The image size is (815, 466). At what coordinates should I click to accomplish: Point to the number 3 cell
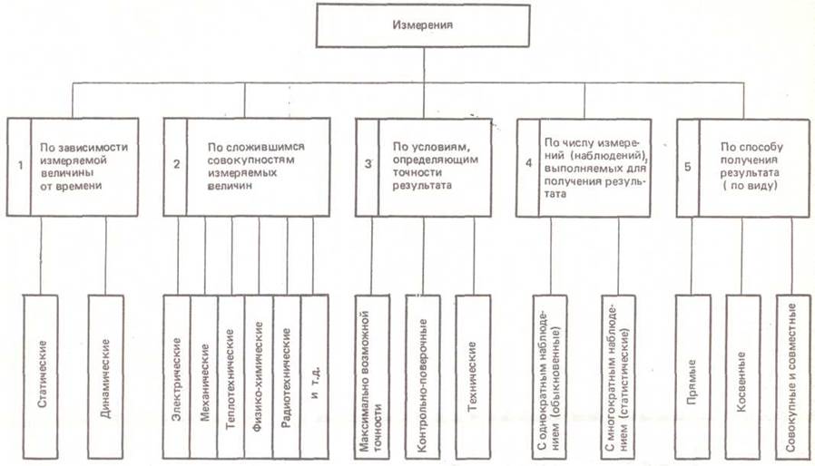point(368,166)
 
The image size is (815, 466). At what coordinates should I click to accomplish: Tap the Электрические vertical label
point(178,376)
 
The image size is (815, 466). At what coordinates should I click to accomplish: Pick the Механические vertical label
point(205,376)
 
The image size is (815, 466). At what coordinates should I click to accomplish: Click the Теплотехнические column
point(232,376)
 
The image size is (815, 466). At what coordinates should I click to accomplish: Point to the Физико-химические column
point(260,376)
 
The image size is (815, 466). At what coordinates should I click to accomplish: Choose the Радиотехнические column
point(287,376)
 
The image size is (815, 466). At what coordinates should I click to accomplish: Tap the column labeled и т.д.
point(314,376)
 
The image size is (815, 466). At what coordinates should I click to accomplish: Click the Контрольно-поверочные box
point(423,376)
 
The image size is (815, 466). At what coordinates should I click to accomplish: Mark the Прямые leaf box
point(692,376)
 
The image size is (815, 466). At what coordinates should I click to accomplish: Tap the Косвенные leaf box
point(741,376)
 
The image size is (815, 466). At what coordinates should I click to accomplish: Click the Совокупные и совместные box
point(791,376)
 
